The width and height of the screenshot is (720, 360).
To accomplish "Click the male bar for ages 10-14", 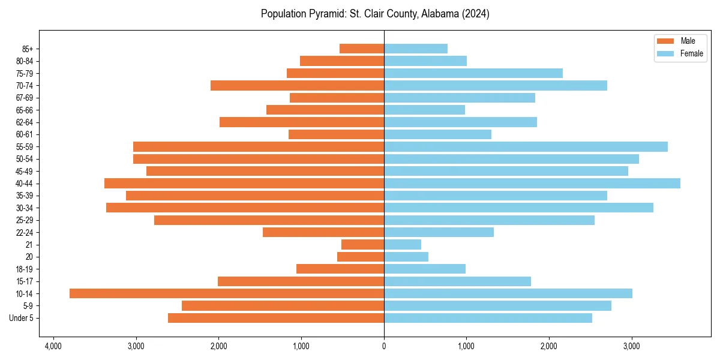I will point(227,293).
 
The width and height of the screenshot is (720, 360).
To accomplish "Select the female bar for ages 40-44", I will point(532,183).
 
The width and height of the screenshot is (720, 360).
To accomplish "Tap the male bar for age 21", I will point(362,244).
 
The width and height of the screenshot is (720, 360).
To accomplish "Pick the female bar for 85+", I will point(416,49).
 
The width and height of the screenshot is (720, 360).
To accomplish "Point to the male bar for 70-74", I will point(297,85).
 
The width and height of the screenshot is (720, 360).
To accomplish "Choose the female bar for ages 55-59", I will point(526,146).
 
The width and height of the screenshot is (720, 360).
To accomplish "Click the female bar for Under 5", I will point(488,318).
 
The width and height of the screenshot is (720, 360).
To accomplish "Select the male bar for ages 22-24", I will point(323,232).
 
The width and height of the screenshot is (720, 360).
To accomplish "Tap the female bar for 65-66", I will point(424,110).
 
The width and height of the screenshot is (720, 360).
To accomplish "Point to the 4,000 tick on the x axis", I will point(53,346).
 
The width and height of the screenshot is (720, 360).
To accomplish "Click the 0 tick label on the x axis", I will point(384,346).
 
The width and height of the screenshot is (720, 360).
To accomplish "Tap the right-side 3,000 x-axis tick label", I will point(631,346).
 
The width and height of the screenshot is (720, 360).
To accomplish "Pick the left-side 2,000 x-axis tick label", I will point(218,346).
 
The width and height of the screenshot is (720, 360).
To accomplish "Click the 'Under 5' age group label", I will point(21,318).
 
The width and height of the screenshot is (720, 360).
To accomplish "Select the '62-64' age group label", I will point(25,122).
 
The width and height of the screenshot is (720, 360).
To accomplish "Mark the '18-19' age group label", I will point(25,269).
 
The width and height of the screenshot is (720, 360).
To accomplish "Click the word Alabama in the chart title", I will point(421,14).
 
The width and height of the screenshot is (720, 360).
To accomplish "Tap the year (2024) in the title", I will point(475,14).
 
